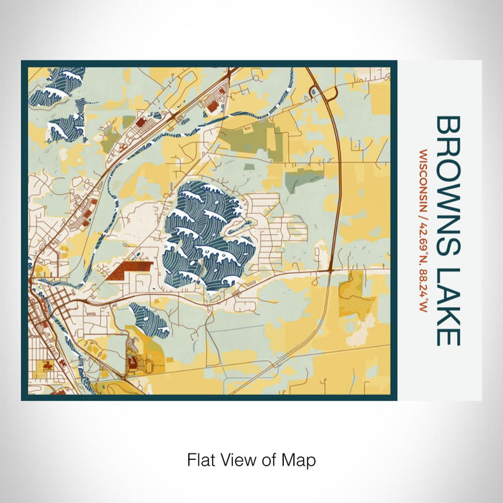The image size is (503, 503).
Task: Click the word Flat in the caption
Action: pyautogui.click(x=200, y=459)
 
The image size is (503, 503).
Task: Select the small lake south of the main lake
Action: pyautogui.click(x=149, y=319)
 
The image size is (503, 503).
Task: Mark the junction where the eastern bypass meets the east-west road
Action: pyautogui.click(x=330, y=270)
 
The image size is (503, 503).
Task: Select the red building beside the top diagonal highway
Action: pyautogui.click(x=213, y=106)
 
